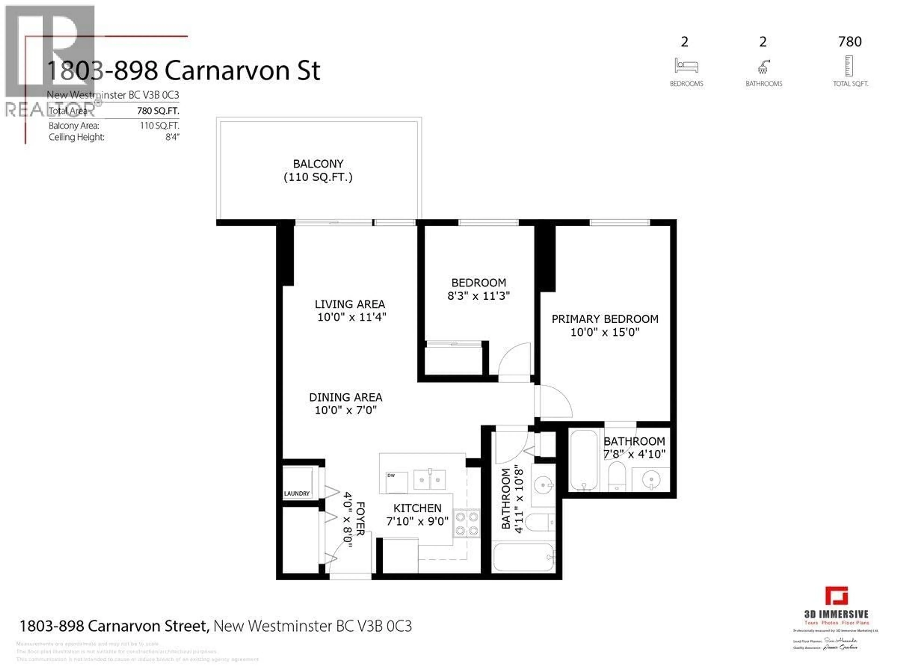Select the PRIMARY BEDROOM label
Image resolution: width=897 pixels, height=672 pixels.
coord(605,319)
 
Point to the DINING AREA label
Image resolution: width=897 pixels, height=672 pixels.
coord(345,398)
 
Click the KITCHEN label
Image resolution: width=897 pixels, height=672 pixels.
coord(417,508)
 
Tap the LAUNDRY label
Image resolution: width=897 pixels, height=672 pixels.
coord(296,494)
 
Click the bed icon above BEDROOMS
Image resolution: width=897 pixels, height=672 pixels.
coord(686,66)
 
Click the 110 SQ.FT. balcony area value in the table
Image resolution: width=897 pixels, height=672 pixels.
coord(159,125)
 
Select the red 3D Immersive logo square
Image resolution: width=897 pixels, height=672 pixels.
coord(836,596)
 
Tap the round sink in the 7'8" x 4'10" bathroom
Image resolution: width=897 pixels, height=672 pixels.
coord(651,479)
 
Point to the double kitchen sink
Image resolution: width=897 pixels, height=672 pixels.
coord(429,480)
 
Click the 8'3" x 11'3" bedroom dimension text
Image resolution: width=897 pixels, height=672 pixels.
coord(478,296)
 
